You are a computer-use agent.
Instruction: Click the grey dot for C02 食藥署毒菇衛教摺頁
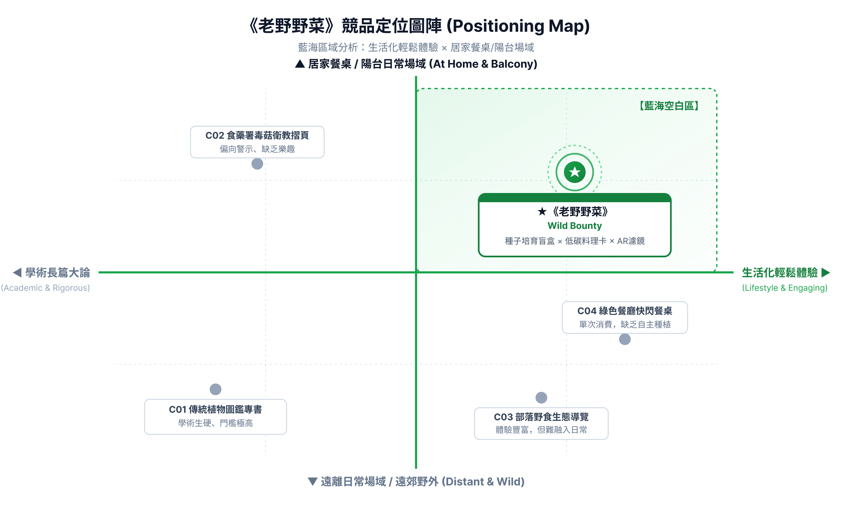(257, 164)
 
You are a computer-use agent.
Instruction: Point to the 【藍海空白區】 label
(669, 106)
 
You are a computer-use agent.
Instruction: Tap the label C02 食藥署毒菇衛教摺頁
(257, 135)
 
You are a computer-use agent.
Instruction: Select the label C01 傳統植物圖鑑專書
(215, 409)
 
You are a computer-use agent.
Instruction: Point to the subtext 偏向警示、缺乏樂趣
(257, 149)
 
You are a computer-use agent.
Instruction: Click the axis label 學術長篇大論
(57, 272)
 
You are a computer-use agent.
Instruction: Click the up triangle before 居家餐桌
(300, 64)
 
